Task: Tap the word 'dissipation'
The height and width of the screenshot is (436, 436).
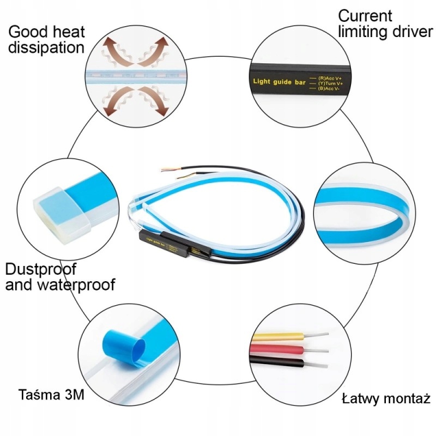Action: pyautogui.click(x=46, y=47)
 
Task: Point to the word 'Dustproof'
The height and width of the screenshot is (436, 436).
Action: pyautogui.click(x=41, y=269)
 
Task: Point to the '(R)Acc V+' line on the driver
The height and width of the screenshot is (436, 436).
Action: pyautogui.click(x=333, y=78)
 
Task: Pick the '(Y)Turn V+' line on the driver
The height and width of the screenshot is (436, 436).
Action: pyautogui.click(x=334, y=83)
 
